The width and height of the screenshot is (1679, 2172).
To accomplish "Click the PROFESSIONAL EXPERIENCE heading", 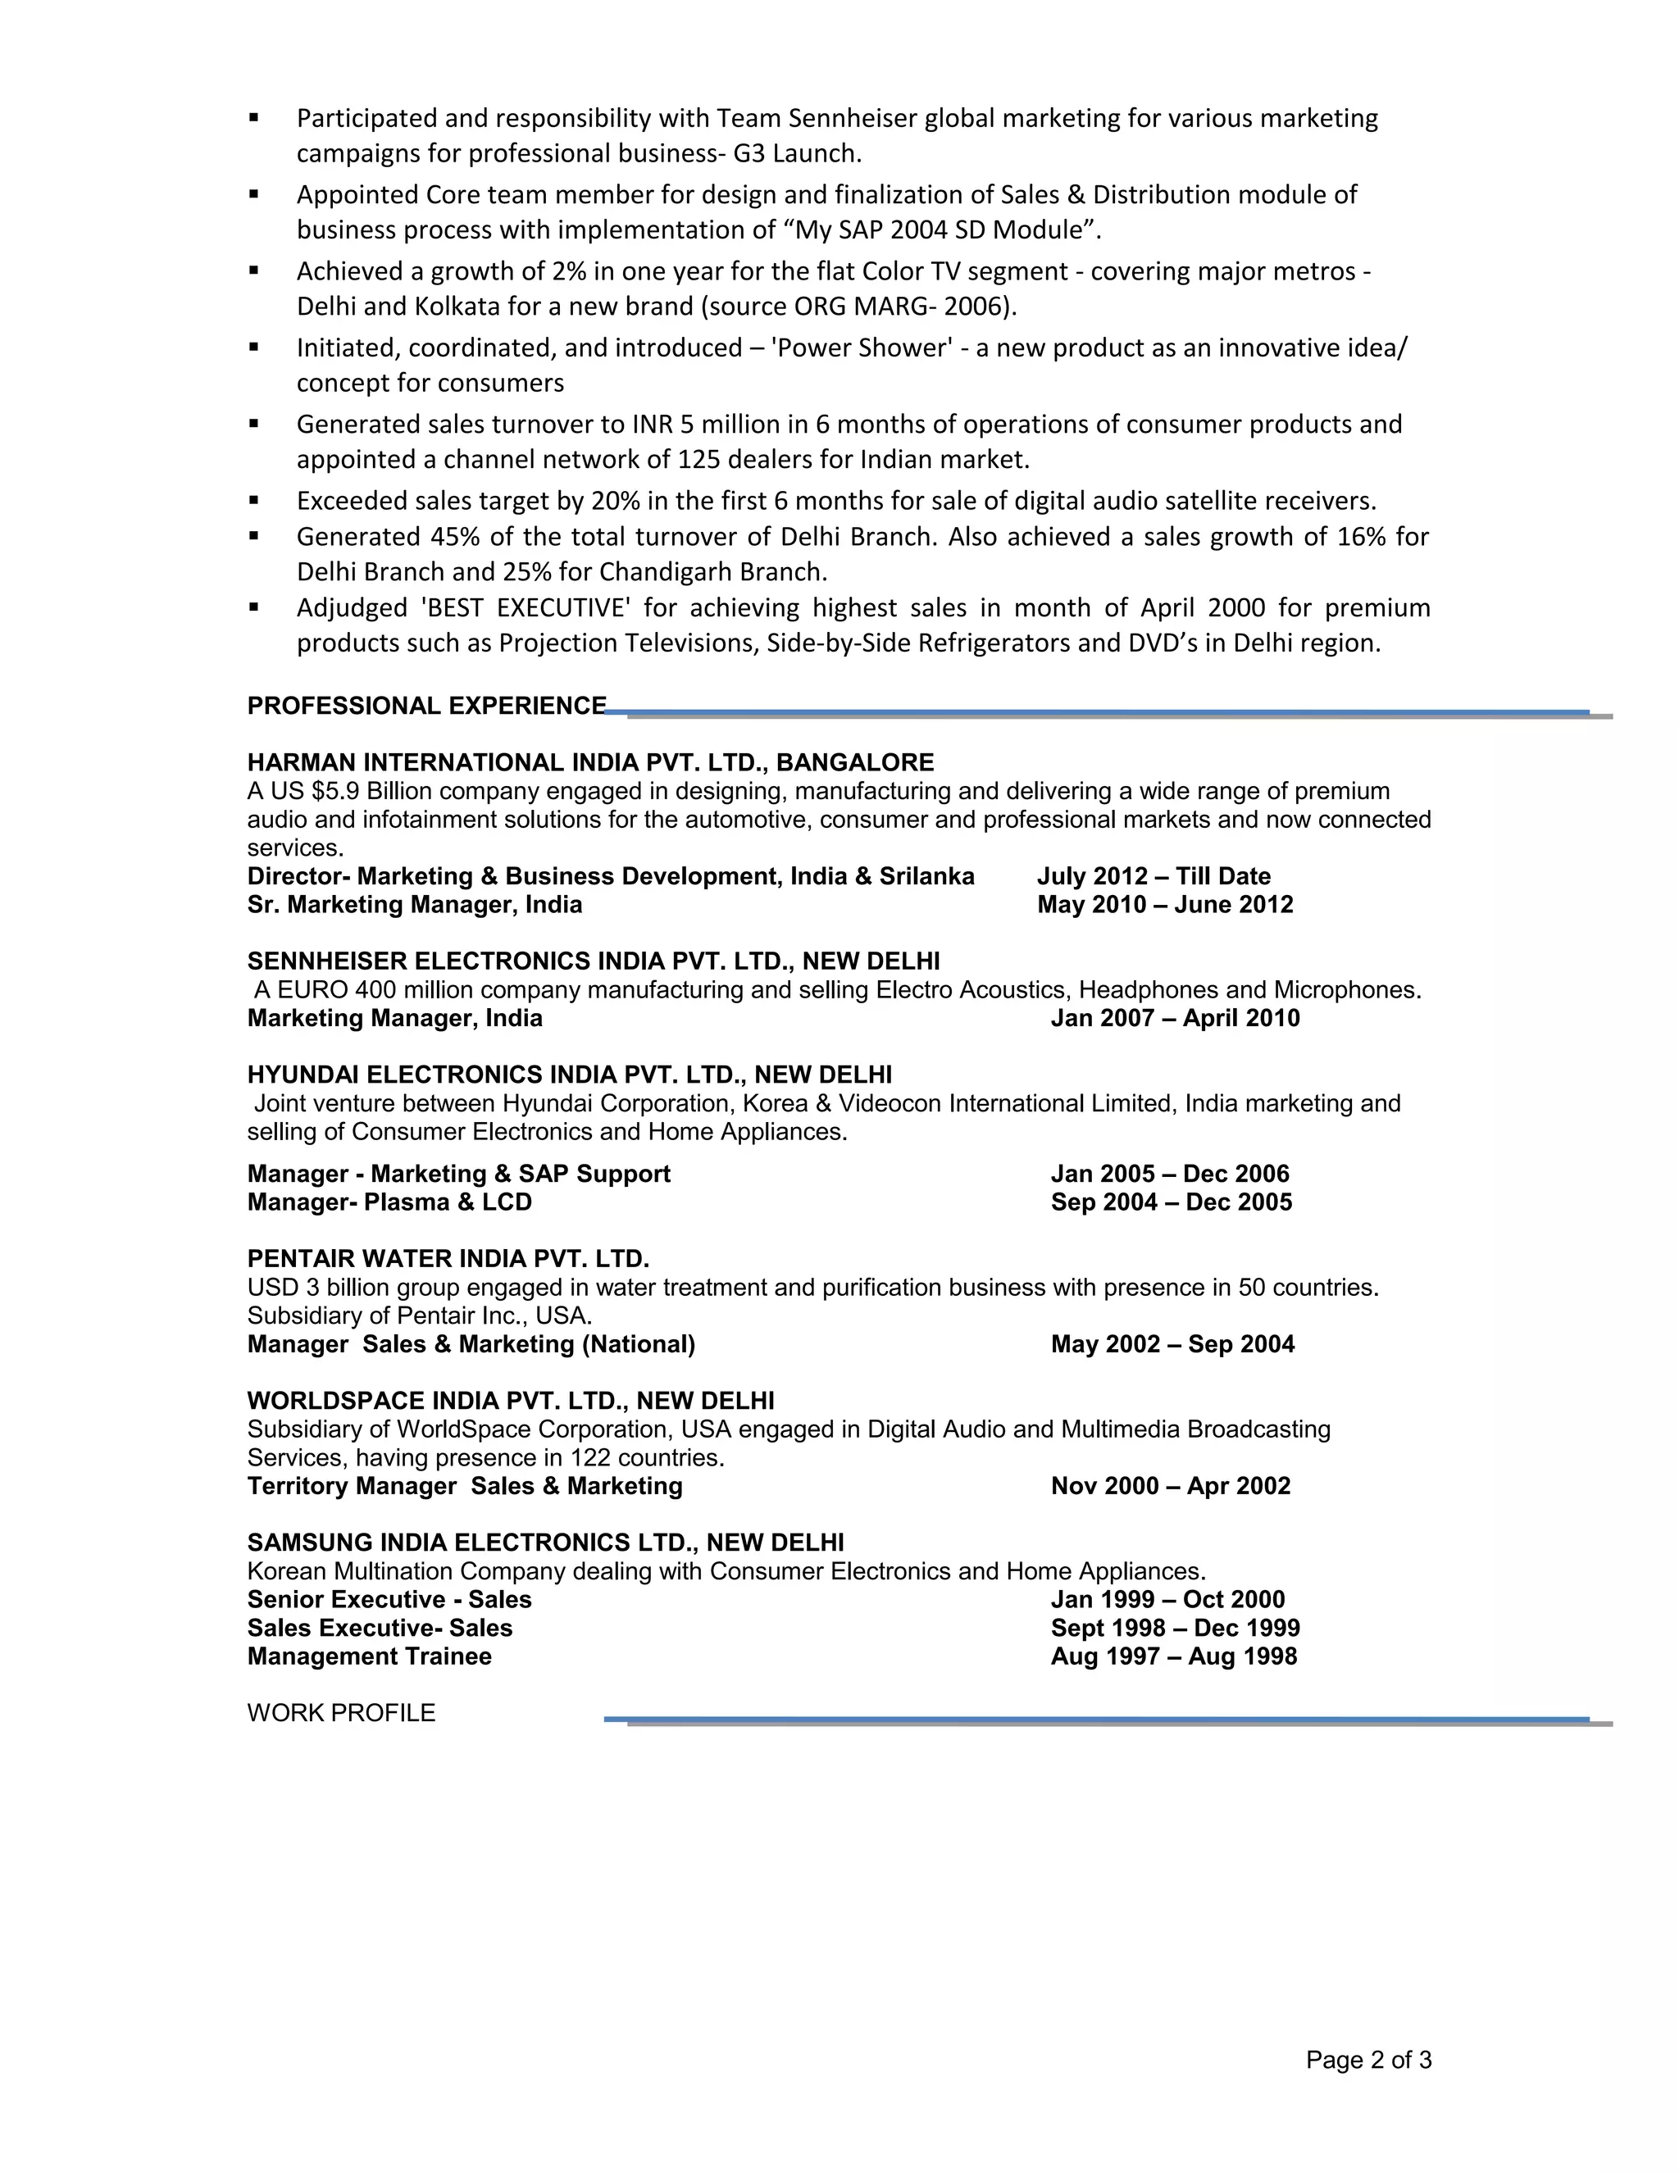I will tap(425, 706).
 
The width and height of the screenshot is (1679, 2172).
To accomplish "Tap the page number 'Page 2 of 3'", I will tap(1367, 2060).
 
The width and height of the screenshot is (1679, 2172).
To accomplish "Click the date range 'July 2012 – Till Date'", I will tap(1153, 876).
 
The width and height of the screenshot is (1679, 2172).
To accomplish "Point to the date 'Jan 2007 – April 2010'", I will tap(1175, 1018).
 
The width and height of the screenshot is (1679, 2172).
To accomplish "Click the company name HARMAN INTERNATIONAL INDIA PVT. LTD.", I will tap(505, 763).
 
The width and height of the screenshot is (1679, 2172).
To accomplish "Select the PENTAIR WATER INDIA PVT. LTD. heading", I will tap(448, 1259).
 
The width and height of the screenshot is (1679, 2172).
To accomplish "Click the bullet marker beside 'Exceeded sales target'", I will tap(255, 500).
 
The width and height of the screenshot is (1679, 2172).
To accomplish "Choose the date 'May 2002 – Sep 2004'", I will tap(1172, 1344).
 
